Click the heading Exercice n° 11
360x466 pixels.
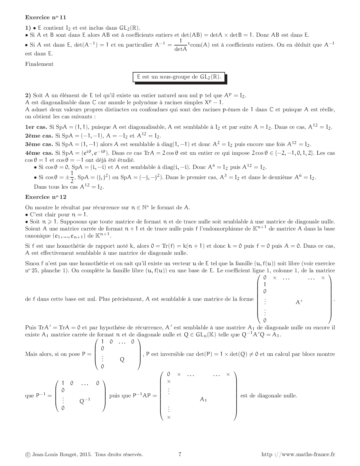tap(45, 17)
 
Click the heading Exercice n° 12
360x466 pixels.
tap(45, 197)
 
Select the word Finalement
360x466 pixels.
tap(39, 64)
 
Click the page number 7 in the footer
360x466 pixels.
tap(180, 454)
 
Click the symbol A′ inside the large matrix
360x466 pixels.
tap(299, 302)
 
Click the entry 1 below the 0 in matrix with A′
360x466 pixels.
tap(265, 285)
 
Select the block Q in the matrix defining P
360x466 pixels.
tap(122, 360)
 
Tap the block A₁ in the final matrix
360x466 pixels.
tap(203, 399)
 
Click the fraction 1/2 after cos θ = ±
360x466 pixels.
tap(72, 177)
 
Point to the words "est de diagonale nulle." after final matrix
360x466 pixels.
tap(269, 396)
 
